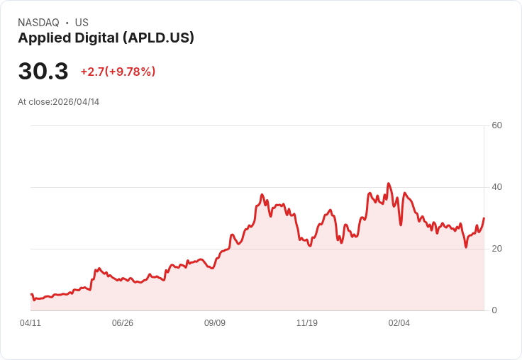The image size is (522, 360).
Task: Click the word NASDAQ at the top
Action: [38, 23]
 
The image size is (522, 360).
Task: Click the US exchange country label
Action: [82, 23]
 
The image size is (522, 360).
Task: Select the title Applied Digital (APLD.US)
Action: [106, 38]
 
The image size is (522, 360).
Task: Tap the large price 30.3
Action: [43, 72]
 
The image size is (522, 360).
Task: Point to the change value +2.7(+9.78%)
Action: [118, 72]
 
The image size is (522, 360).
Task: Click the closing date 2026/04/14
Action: [76, 102]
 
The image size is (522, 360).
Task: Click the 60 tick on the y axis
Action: [496, 125]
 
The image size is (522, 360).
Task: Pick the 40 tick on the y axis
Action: [496, 187]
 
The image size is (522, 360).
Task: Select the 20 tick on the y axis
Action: [496, 249]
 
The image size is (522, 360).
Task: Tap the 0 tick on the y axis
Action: [494, 310]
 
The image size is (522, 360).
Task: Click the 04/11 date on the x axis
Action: [30, 323]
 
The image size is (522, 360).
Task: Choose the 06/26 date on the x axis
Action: [123, 323]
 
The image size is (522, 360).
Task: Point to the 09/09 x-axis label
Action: [215, 323]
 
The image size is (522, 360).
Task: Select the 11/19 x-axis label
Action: [307, 323]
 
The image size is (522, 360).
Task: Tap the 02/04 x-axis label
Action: [399, 323]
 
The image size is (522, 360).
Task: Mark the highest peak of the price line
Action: [389, 184]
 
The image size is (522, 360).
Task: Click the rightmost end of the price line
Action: [484, 218]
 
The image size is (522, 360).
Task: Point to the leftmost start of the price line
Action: [31, 294]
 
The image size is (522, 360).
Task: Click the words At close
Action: [34, 102]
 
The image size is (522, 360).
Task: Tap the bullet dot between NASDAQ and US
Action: [67, 23]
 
